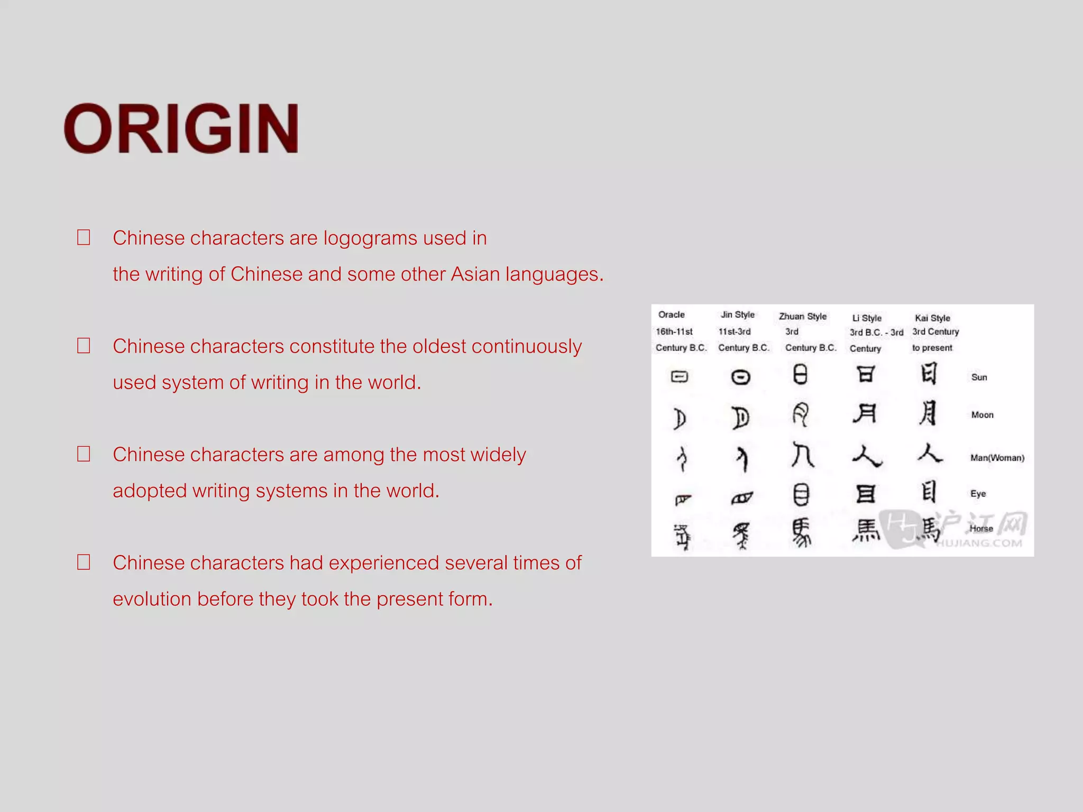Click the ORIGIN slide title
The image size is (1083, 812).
pyautogui.click(x=181, y=129)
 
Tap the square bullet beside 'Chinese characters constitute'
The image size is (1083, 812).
pyautogui.click(x=84, y=346)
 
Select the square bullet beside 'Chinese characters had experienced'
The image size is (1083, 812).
pyautogui.click(x=84, y=562)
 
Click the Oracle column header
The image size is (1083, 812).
pyautogui.click(x=672, y=315)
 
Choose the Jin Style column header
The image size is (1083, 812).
pyautogui.click(x=737, y=315)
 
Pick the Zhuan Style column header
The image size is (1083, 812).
pyautogui.click(x=802, y=316)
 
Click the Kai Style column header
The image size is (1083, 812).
pyautogui.click(x=932, y=318)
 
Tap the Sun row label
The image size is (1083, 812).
pyautogui.click(x=979, y=377)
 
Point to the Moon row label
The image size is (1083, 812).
pyautogui.click(x=982, y=415)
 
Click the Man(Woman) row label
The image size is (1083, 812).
pyautogui.click(x=997, y=458)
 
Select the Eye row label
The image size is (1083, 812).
pyautogui.click(x=978, y=493)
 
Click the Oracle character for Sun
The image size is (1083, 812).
pyautogui.click(x=680, y=376)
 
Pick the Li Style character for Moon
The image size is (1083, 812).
pyautogui.click(x=865, y=413)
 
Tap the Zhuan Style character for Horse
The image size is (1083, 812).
pyautogui.click(x=801, y=532)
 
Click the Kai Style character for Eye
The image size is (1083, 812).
pyautogui.click(x=929, y=492)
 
